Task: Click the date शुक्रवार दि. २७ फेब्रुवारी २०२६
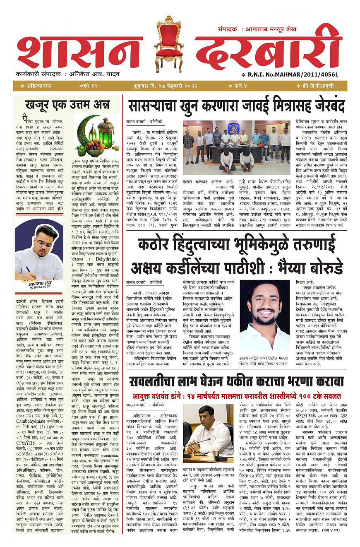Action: coord(170,86)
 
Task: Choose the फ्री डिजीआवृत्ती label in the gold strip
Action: coord(318,86)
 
